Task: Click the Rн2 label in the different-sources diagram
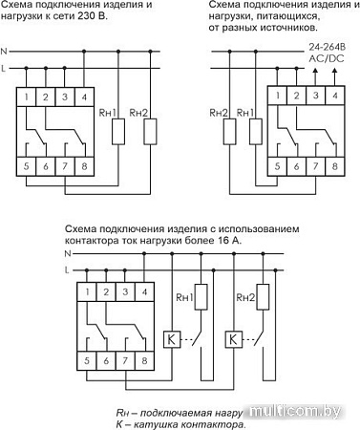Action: tap(217, 113)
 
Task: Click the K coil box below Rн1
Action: tap(171, 338)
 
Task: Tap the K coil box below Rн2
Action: tap(232, 338)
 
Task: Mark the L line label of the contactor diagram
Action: tap(67, 272)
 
